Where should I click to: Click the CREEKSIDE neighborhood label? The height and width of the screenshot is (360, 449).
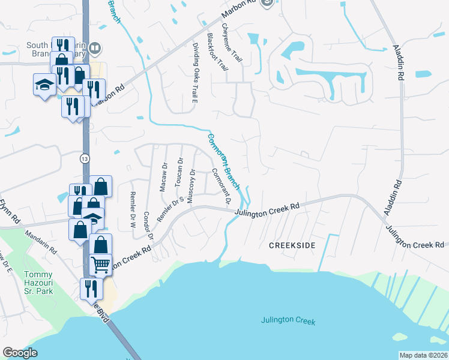click(x=292, y=246)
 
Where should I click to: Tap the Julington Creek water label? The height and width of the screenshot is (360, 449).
click(x=288, y=320)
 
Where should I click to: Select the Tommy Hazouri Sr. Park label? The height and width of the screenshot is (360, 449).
click(x=39, y=283)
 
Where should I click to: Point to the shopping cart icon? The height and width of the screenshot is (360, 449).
click(x=100, y=264)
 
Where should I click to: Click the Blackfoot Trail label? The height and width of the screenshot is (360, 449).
click(x=217, y=52)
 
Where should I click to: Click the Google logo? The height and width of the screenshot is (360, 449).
click(x=20, y=353)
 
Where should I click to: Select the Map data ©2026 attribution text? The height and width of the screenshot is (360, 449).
click(x=423, y=355)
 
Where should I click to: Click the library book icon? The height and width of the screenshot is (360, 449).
click(x=95, y=48)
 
